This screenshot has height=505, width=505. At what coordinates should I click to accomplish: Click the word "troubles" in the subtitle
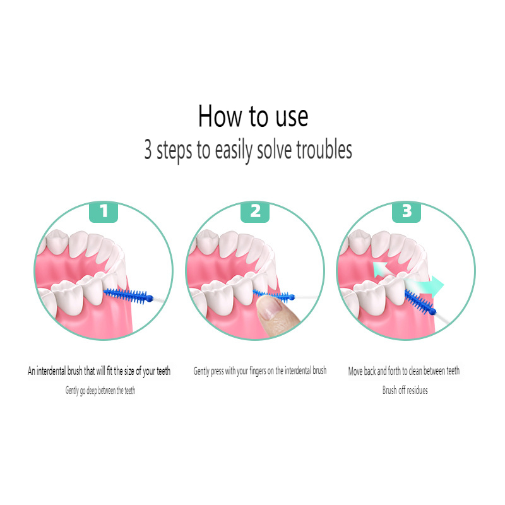(321, 151)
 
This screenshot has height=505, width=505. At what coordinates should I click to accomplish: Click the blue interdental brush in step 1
(129, 294)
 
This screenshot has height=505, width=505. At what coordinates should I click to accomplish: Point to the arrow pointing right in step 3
(431, 286)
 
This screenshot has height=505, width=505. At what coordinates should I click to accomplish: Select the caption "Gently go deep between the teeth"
(100, 391)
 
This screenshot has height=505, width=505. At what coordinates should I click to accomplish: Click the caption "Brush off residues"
(405, 391)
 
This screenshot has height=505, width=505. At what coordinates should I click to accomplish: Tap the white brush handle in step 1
(160, 295)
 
